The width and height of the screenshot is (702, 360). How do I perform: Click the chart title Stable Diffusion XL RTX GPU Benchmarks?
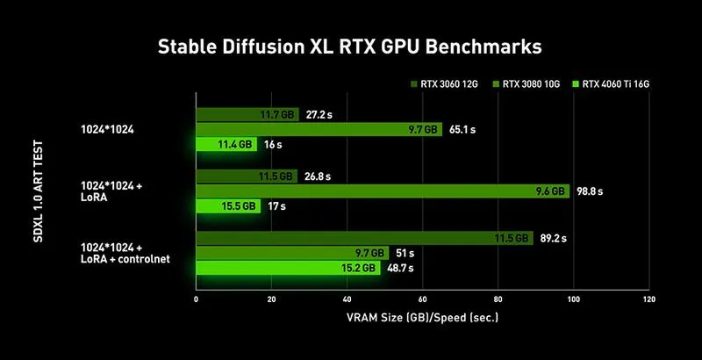click(x=349, y=47)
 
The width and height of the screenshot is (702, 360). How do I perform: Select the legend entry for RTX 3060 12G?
click(x=444, y=83)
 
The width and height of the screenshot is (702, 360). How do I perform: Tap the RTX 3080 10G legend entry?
click(x=526, y=83)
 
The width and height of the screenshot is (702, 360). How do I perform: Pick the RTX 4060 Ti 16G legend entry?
click(x=611, y=83)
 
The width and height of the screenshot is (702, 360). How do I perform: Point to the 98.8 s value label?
click(x=589, y=191)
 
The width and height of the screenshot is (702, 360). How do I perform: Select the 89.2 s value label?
click(x=553, y=239)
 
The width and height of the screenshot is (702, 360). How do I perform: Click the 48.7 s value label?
click(x=399, y=268)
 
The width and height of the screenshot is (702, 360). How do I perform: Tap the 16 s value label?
click(x=273, y=145)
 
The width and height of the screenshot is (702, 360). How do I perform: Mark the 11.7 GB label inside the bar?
click(x=277, y=115)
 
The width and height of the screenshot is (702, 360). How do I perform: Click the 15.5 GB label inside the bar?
click(x=239, y=206)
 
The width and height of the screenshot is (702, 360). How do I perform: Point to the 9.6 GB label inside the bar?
click(x=550, y=191)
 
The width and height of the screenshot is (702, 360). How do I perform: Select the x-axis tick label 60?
click(x=423, y=299)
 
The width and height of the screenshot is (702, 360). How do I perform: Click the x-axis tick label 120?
click(x=649, y=299)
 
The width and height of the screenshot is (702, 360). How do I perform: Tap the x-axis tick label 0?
click(x=196, y=299)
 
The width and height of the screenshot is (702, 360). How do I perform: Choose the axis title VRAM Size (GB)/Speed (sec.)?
click(x=423, y=318)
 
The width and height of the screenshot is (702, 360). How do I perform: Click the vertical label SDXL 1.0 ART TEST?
click(x=39, y=191)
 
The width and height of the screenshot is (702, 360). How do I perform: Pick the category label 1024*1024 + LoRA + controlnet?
click(x=125, y=253)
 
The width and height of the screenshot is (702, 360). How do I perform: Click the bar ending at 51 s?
click(x=292, y=253)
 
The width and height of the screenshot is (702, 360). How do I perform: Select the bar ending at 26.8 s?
click(x=247, y=176)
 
